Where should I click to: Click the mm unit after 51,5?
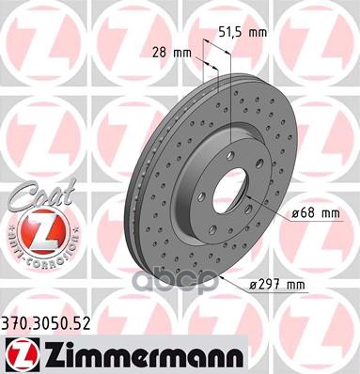[258, 33]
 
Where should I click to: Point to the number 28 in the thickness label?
[157, 54]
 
